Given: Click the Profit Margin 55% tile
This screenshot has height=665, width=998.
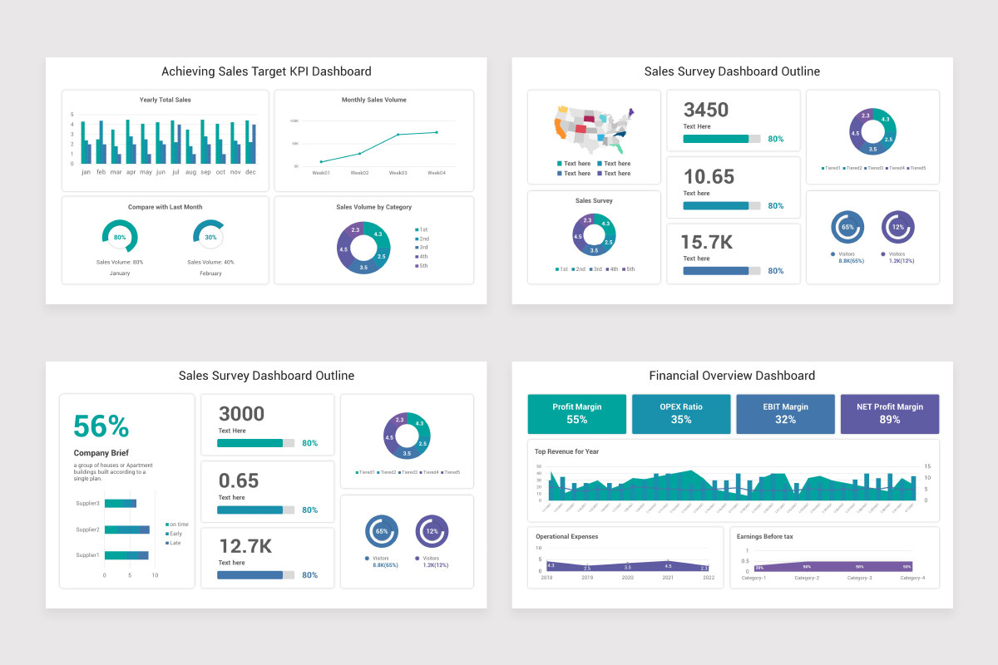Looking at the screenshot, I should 577,413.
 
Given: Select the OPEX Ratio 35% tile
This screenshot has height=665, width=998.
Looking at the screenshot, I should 681,413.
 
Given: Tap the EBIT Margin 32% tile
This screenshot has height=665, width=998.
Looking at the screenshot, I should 785,413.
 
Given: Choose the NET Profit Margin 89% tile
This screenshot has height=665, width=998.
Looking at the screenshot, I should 890,413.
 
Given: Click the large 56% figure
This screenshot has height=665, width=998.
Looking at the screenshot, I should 101,426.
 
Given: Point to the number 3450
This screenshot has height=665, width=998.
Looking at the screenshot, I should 706,110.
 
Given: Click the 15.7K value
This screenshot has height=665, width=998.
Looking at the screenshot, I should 707,243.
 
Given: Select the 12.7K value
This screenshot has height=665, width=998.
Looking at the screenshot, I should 245,546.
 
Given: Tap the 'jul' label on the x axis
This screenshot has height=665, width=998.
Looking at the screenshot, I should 175,172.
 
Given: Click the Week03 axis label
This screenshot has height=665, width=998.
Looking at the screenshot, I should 398,173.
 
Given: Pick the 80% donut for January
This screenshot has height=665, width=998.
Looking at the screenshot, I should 120,237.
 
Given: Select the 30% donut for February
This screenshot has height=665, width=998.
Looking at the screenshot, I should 210,237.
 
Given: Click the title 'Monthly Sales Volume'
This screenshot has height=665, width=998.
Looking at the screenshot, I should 373,100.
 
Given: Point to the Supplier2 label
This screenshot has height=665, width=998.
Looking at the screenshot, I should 88,530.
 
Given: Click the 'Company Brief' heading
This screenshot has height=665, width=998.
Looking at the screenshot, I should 101,453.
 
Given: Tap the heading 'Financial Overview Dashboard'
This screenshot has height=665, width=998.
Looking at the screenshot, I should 732,376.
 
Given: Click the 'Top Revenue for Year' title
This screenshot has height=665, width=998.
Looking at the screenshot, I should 567,451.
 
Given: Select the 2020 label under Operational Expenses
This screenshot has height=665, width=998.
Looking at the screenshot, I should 627,578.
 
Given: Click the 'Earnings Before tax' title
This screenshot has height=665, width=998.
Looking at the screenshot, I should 764,536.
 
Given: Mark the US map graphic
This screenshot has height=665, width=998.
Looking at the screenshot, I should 594,129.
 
